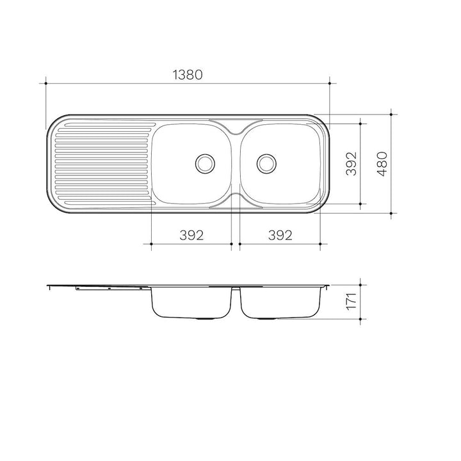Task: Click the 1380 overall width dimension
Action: tap(188, 75)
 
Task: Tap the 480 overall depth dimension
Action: tap(382, 164)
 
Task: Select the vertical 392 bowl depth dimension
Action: tap(352, 163)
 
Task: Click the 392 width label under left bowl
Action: tap(191, 235)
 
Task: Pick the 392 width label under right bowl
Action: tap(280, 235)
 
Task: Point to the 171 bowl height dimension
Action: tap(352, 301)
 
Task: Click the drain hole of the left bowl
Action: tap(205, 163)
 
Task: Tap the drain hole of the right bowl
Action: tap(266, 163)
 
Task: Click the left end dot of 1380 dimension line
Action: tap(46, 83)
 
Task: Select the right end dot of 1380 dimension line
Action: tap(330, 83)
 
